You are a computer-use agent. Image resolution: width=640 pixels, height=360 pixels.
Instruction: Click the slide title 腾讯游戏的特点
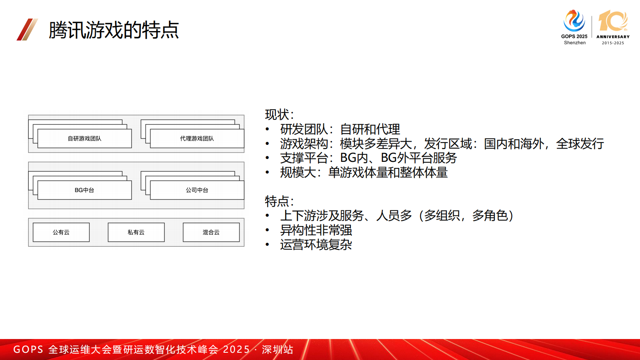point(114,30)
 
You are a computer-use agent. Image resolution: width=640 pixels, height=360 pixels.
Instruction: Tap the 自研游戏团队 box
point(84,138)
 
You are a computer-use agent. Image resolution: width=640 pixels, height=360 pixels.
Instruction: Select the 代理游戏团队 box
point(197,138)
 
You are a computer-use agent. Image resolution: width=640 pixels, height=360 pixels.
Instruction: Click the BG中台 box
point(84,190)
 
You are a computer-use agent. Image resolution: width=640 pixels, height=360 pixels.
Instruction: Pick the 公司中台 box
point(197,190)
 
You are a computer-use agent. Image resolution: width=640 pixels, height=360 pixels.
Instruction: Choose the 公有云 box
point(61,232)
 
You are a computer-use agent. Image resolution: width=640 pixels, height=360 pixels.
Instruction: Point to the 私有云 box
point(136,232)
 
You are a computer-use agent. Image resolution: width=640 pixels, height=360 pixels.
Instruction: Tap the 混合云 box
point(211,232)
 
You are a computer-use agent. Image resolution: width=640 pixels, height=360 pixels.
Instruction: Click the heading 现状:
point(279,115)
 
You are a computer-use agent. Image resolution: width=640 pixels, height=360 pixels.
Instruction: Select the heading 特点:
point(279,201)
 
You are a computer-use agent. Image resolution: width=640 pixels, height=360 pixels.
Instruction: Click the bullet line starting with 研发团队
point(340,129)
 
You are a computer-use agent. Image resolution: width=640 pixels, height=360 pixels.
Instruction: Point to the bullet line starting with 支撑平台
point(368,158)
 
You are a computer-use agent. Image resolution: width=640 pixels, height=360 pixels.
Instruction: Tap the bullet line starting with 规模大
point(364,172)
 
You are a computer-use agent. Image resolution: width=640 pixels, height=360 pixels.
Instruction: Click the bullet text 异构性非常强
point(316,230)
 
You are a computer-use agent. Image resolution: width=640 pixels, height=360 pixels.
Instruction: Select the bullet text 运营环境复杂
point(316,245)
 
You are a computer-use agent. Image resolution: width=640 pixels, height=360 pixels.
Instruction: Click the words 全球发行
point(580,144)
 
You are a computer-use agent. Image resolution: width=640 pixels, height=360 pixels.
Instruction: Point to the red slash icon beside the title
point(27,29)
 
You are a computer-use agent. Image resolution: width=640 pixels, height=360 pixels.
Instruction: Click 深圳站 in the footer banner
point(277,350)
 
